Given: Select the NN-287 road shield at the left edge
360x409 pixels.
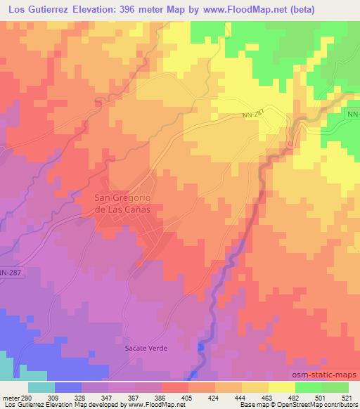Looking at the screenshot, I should click(9, 272).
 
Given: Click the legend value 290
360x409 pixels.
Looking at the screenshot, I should click(27, 397).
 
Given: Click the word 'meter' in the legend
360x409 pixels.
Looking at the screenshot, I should click(11, 397).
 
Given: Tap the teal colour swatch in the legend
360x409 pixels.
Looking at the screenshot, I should click(41, 387).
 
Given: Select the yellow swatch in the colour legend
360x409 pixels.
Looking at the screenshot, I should click(281, 387).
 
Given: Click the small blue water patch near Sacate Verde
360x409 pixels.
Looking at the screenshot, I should click(201, 346).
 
